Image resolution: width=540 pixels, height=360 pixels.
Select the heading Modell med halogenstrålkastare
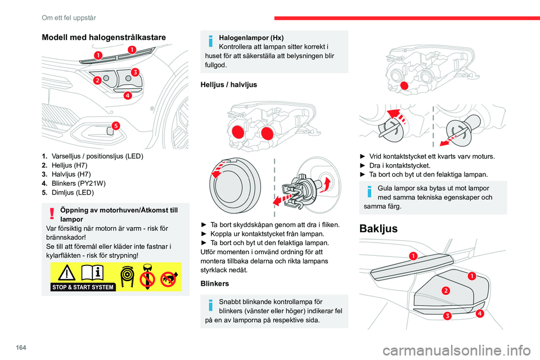pyautogui.click(x=104, y=37)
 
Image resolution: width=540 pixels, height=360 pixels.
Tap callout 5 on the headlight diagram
pyautogui.click(x=115, y=125)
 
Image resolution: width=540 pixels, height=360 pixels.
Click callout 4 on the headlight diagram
pyautogui.click(x=128, y=95)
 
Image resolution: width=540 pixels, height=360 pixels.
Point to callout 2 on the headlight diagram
pyautogui.click(x=97, y=80)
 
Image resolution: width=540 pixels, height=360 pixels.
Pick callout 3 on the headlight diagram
pyautogui.click(x=135, y=71)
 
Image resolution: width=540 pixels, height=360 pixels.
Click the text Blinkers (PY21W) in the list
pyautogui.click(x=81, y=183)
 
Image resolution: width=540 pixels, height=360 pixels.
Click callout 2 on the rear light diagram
pyautogui.click(x=445, y=290)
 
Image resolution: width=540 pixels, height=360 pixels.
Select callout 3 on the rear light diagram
pyautogui.click(x=447, y=316)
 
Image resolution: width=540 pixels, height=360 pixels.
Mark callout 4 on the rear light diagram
pyautogui.click(x=479, y=313)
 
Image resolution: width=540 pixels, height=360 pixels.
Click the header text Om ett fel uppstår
pyautogui.click(x=65, y=8)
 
